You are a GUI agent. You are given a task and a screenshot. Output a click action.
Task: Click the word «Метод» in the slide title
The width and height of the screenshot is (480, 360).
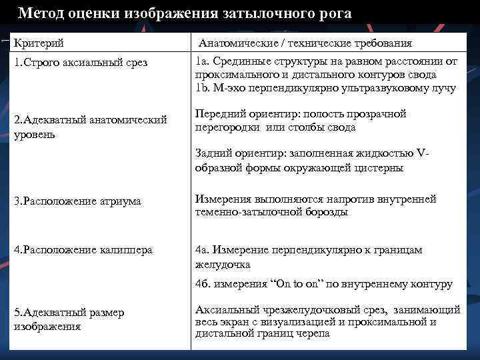[x=41, y=13]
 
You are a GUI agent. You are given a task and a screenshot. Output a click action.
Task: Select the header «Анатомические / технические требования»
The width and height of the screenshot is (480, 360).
[x=305, y=43]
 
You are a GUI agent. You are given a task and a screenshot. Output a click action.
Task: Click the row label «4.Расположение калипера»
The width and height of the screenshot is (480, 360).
[x=83, y=250]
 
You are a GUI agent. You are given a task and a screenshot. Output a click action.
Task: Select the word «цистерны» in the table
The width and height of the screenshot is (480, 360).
[x=378, y=168]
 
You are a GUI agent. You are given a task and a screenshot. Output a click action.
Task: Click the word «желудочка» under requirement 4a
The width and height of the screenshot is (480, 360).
[x=223, y=265]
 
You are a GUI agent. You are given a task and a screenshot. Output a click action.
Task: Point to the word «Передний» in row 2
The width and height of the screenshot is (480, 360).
[x=217, y=114]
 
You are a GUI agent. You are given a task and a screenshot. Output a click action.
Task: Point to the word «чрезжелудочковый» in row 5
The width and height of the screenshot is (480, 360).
[x=293, y=309]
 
